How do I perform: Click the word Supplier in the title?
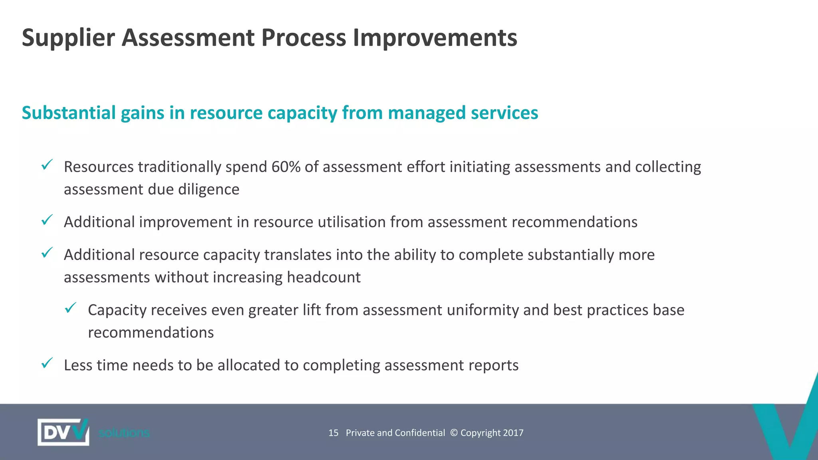pyautogui.click(x=68, y=38)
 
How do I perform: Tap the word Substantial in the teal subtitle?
pyautogui.click(x=68, y=113)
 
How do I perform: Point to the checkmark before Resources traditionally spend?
pyautogui.click(x=47, y=165)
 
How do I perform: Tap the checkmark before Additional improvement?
pyautogui.click(x=47, y=220)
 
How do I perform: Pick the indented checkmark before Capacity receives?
pyautogui.click(x=71, y=307)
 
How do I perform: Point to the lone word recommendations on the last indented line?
pyautogui.click(x=151, y=332)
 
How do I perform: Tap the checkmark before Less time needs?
pyautogui.click(x=47, y=363)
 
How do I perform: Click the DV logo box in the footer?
pyautogui.click(x=63, y=432)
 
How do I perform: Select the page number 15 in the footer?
pyautogui.click(x=333, y=433)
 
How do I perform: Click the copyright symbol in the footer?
pyautogui.click(x=454, y=433)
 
